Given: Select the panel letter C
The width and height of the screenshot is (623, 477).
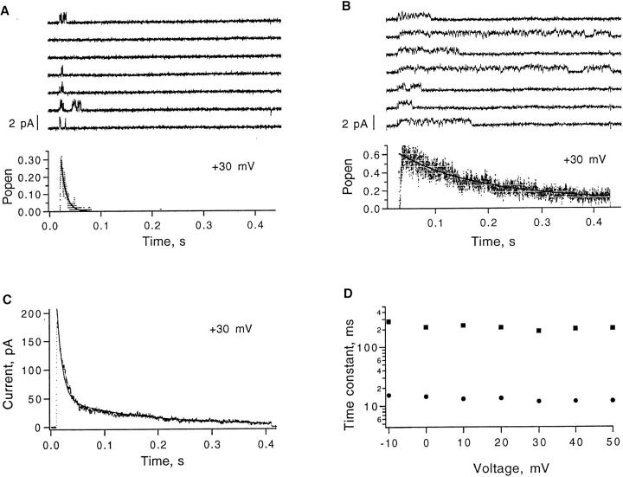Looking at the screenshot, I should click(7, 300).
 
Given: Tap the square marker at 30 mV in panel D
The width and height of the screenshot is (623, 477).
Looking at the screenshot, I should click(538, 330).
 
